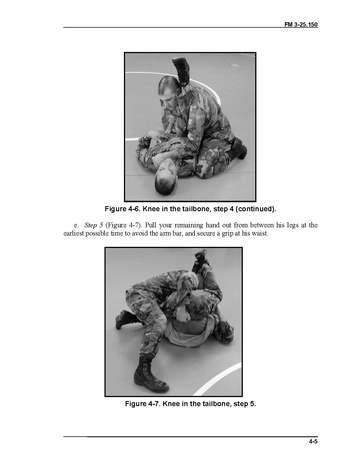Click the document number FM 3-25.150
(301, 24)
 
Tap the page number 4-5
(313, 441)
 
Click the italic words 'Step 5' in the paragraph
(94, 225)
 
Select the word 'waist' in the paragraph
(260, 233)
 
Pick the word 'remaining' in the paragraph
(188, 225)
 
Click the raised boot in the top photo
(181, 70)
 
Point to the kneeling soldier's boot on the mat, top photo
(239, 148)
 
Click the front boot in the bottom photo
(150, 374)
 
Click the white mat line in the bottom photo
(217, 379)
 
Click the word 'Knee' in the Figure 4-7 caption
(171, 404)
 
